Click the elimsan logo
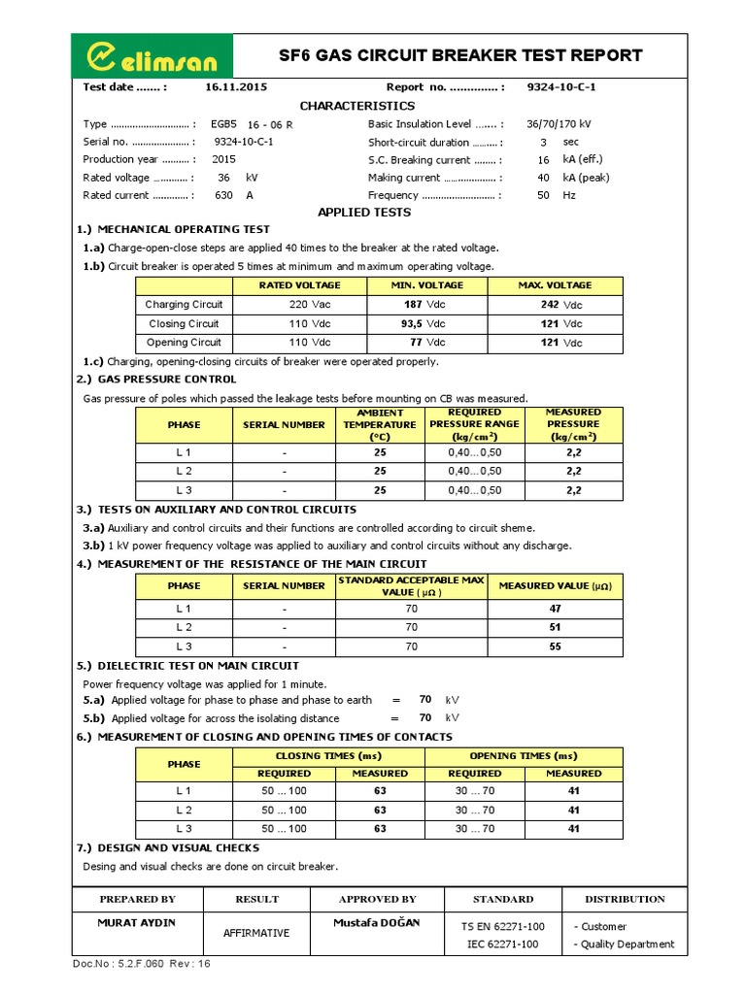click(153, 55)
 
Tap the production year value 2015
click(223, 159)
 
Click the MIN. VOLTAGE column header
click(426, 285)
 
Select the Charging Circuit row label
click(184, 305)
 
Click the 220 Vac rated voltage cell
click(298, 305)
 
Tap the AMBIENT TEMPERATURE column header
click(379, 424)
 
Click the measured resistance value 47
click(555, 609)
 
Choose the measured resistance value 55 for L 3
click(555, 646)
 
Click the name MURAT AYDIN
click(137, 922)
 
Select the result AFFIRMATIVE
click(256, 933)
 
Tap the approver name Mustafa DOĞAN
click(376, 922)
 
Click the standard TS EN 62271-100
click(502, 926)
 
